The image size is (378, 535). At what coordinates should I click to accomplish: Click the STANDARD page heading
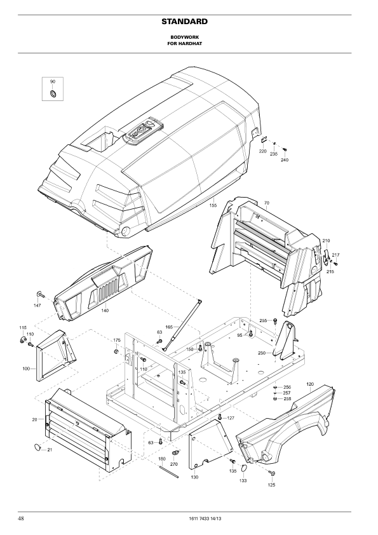click(x=185, y=22)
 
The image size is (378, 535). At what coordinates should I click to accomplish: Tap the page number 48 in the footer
click(x=21, y=518)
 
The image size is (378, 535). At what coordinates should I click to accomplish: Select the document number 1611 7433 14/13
click(x=205, y=519)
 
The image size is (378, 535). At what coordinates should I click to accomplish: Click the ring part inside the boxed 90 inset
click(x=53, y=93)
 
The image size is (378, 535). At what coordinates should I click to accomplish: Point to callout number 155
click(x=213, y=205)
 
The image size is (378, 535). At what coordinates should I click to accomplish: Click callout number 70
click(x=266, y=203)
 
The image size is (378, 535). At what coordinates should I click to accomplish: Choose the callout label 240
click(x=285, y=159)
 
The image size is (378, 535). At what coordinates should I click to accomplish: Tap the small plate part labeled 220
click(x=264, y=140)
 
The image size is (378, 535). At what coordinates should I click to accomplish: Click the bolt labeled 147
click(x=39, y=294)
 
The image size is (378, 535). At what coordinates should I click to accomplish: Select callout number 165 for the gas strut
click(x=169, y=327)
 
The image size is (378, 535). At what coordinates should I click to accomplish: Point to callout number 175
click(x=117, y=340)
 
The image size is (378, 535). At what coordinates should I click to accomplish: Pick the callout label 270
click(x=173, y=464)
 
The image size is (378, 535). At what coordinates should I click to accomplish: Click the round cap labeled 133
click(x=243, y=468)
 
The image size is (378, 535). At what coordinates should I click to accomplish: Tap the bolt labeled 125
click(x=272, y=473)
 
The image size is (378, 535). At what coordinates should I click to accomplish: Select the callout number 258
click(x=287, y=398)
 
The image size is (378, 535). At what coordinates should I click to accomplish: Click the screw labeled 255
click(x=275, y=321)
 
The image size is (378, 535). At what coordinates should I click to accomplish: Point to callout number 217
click(x=335, y=255)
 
